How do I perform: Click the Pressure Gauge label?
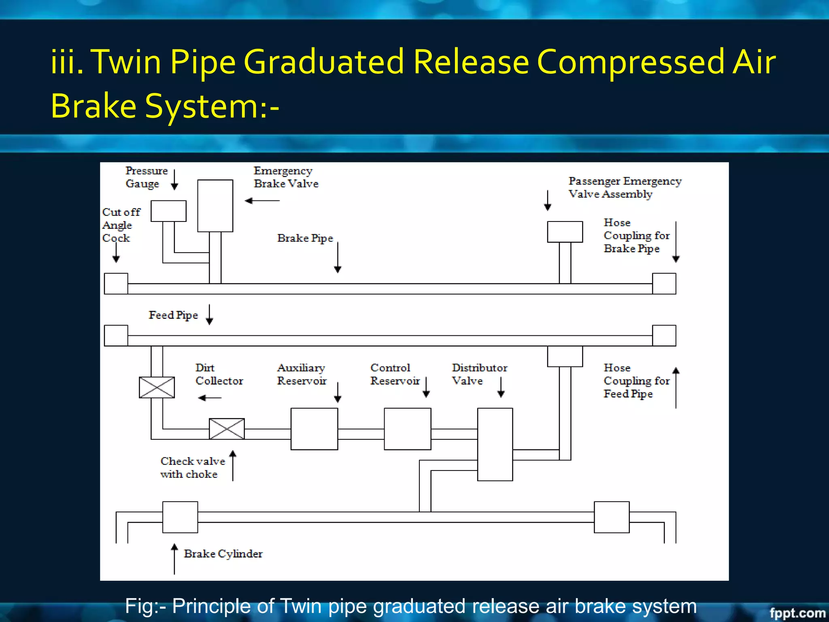[146, 177]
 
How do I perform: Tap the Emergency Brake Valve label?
[286, 177]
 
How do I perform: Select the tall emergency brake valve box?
[215, 206]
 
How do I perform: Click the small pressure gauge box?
[168, 211]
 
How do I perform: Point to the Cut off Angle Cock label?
[121, 225]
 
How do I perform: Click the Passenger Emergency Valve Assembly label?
[625, 187]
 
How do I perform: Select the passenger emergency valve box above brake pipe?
[565, 232]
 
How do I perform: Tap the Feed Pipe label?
[173, 315]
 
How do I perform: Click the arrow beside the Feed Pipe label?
[209, 315]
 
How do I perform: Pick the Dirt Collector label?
[219, 374]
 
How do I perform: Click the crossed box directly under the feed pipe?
[157, 388]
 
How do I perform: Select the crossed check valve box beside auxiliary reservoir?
[227, 429]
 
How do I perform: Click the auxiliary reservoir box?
[314, 429]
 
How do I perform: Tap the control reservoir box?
[407, 429]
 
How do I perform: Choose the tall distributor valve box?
[495, 444]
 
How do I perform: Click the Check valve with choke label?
[192, 468]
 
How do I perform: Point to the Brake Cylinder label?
[223, 554]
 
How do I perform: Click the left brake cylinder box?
[180, 517]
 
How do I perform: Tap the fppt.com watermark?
[797, 613]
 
